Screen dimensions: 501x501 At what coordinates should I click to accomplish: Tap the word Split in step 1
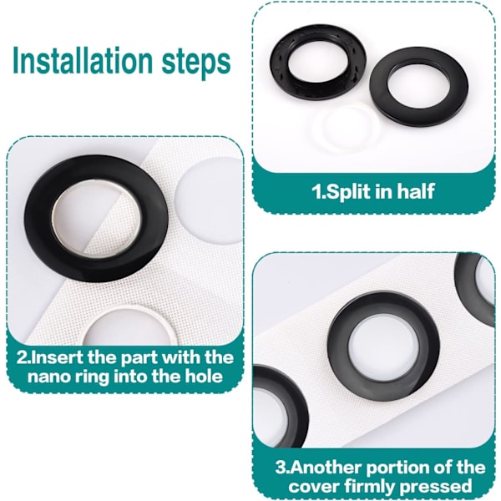tap(343, 192)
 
